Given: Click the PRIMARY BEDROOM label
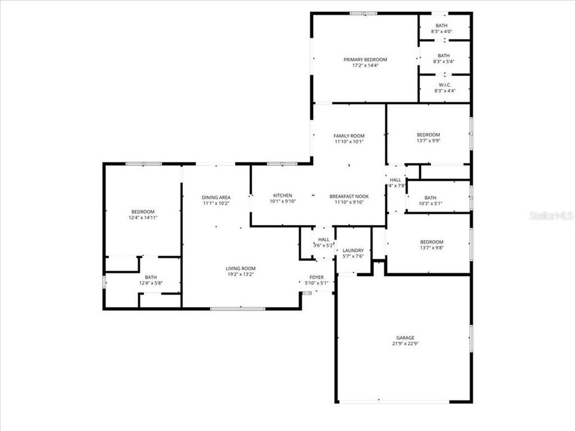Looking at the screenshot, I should [x=365, y=60].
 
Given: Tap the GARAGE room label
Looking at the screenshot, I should [x=405, y=338].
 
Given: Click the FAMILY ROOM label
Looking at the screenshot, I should [x=349, y=136].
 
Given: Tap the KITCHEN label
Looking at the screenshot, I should [x=282, y=196].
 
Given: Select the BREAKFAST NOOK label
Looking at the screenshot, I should [x=349, y=196].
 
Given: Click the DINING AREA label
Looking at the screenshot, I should [x=216, y=197].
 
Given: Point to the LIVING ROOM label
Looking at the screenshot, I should [x=240, y=268].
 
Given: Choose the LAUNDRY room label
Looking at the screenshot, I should [x=353, y=250].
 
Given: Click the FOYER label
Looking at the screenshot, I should [x=316, y=277].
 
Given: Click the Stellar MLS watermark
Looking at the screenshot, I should [x=551, y=215].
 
